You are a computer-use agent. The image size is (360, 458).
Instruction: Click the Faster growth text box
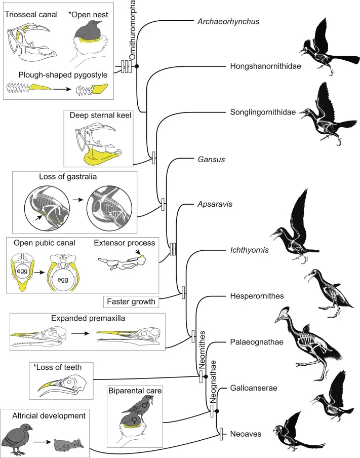coord(131,302)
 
